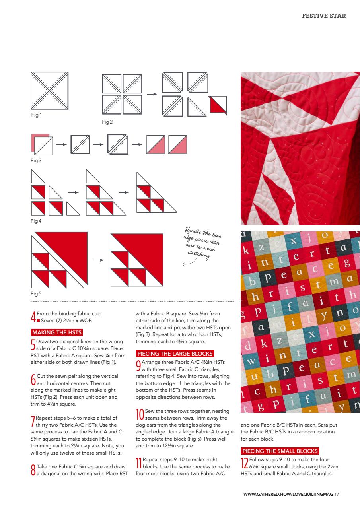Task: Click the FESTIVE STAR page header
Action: click(324, 16)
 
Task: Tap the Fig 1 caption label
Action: click(36, 115)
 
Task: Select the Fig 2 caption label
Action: click(107, 122)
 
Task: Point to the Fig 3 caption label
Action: click(36, 161)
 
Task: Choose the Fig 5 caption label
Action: click(36, 294)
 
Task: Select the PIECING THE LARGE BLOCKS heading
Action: click(175, 354)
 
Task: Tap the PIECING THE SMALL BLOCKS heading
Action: click(280, 451)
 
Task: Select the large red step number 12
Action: click(245, 463)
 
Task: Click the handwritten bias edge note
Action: click(203, 243)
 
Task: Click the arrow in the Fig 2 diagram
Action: click(151, 94)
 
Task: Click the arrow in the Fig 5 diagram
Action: click(99, 260)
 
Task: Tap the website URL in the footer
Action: click(288, 494)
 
